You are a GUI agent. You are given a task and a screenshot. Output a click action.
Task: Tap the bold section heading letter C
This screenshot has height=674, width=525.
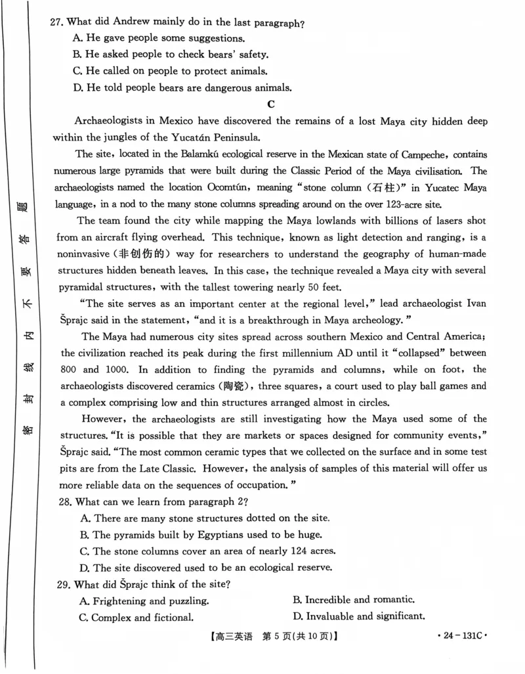(270, 104)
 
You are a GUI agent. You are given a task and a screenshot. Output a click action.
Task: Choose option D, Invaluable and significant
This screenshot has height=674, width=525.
(359, 616)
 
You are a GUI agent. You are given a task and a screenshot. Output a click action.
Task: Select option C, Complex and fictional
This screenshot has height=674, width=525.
(136, 617)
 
